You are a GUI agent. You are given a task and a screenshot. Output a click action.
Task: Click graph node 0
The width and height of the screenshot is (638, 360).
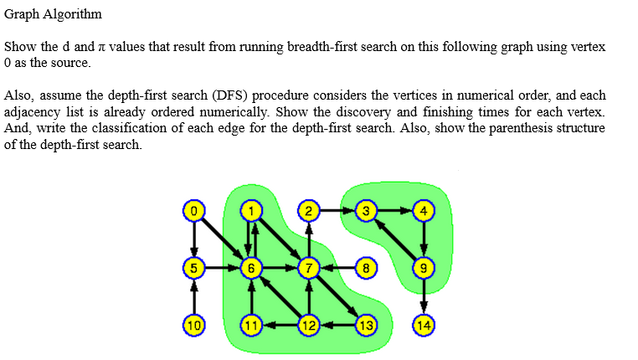pos(193,210)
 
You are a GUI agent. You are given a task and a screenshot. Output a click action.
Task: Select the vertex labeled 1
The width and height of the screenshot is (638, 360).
pos(251,210)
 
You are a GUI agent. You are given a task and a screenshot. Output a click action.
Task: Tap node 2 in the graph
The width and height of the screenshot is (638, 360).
pos(309,210)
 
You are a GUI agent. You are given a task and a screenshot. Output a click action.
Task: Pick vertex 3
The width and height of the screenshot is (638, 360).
pos(367,210)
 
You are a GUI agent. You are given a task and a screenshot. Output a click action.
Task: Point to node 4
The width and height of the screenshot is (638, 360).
pos(424,210)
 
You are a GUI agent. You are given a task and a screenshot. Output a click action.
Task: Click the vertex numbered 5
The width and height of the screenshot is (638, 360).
pos(193,268)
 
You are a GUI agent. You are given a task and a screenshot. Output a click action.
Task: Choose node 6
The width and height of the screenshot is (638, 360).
pos(251,268)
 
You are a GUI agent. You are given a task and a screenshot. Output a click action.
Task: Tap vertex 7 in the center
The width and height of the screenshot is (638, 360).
pos(309,268)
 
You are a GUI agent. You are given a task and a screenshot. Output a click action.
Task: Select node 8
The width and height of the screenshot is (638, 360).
pos(367,268)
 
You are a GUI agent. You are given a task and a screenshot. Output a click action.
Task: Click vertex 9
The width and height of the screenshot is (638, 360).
pos(424,268)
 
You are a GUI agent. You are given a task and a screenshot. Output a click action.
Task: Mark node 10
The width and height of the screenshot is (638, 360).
pos(193,325)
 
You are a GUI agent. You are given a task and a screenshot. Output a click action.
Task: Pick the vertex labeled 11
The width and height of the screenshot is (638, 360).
pos(251,325)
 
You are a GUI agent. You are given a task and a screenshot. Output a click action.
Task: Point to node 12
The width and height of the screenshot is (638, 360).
pos(309,325)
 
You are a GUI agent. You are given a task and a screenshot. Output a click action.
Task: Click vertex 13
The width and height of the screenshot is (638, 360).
pos(367,325)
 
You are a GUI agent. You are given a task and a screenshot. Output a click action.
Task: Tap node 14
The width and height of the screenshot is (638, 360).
pos(424,325)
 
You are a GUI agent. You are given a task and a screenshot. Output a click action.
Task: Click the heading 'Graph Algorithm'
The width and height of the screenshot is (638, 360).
pos(53,14)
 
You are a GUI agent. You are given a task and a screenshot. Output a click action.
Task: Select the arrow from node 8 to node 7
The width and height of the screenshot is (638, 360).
pos(337,268)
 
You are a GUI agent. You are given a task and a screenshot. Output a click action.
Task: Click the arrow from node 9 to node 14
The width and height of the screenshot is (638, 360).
pos(424,296)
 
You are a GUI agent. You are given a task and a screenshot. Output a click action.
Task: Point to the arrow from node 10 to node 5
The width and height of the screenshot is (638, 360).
pos(193,296)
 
